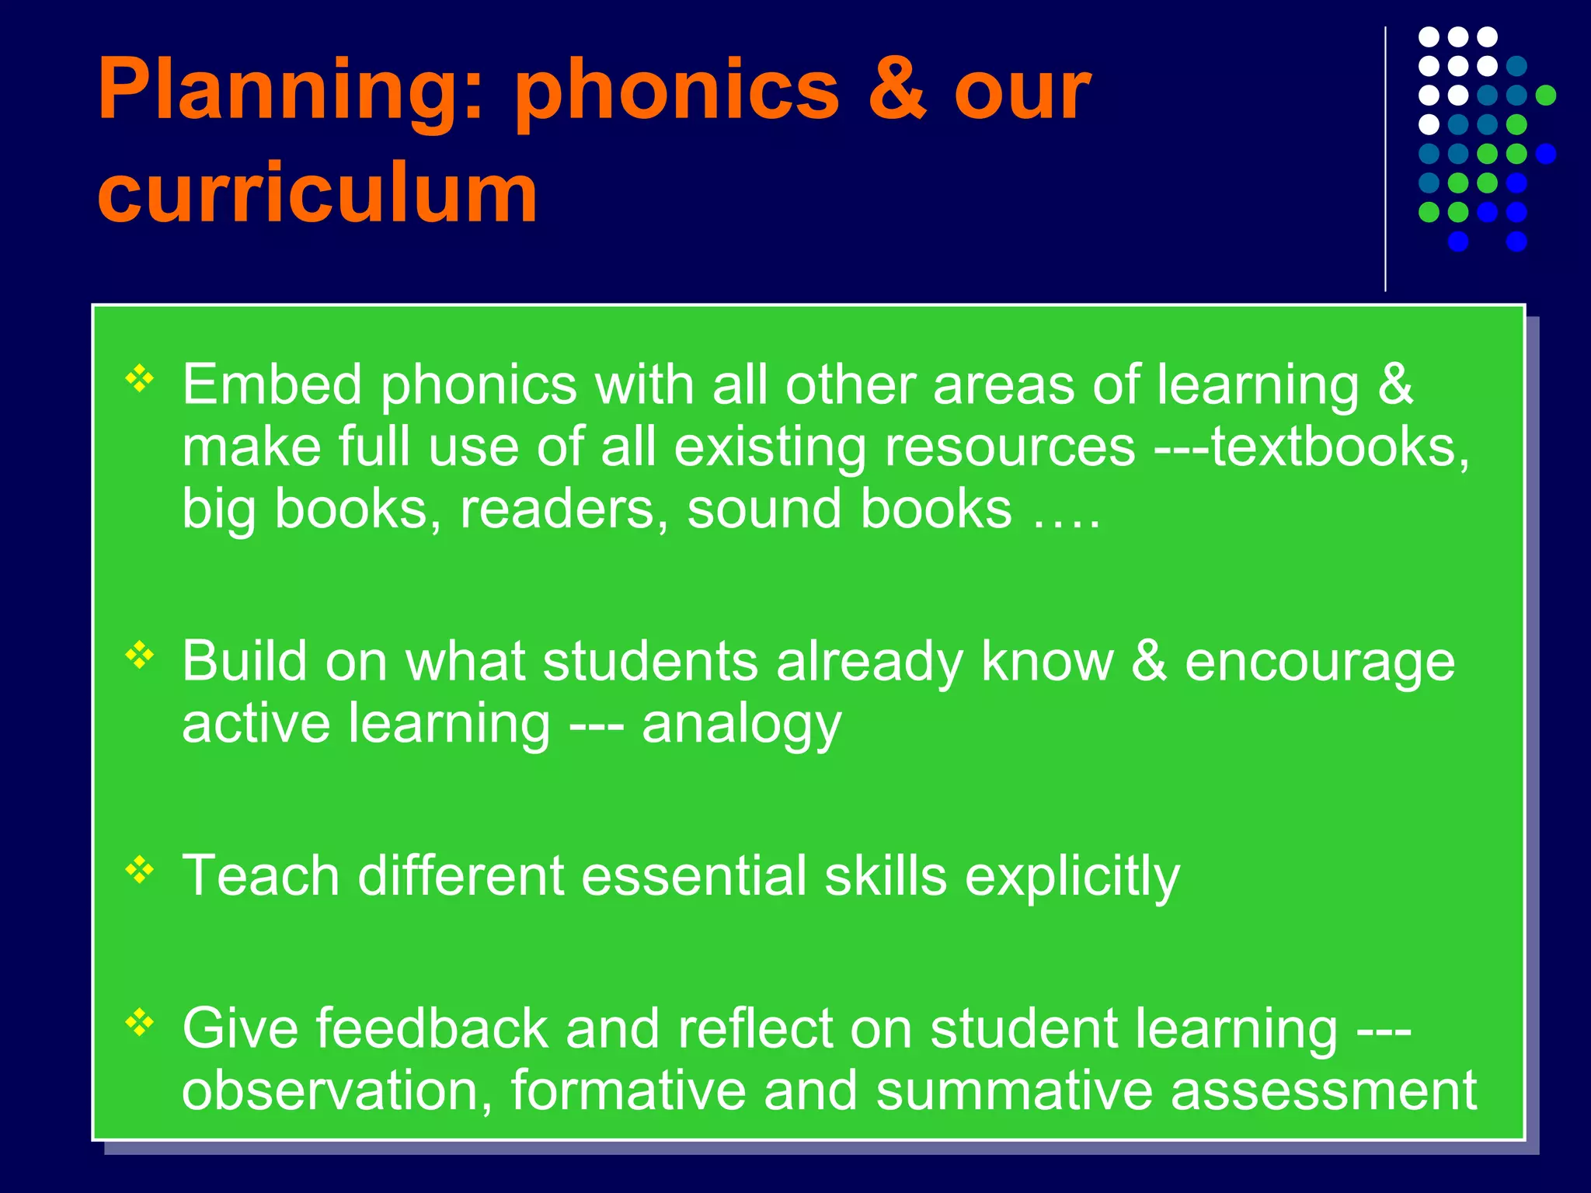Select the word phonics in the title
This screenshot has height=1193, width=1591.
coord(677,92)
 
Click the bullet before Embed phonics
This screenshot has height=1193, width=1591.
coord(140,379)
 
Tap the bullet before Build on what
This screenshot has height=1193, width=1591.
coord(140,656)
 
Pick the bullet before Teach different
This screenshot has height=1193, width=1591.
coord(140,870)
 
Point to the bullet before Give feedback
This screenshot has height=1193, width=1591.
coord(140,1022)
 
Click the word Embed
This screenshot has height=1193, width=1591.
coord(272,384)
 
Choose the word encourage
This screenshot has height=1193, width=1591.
coord(1319,663)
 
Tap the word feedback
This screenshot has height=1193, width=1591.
coord(431,1029)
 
